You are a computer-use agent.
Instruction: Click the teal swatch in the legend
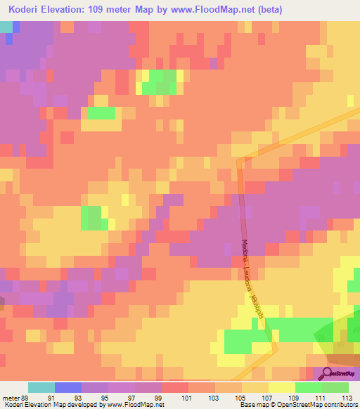(41, 387)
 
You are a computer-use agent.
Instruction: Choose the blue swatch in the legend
(68, 387)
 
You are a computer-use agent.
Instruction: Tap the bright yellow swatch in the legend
(282, 387)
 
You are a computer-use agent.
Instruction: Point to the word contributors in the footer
(340, 405)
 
